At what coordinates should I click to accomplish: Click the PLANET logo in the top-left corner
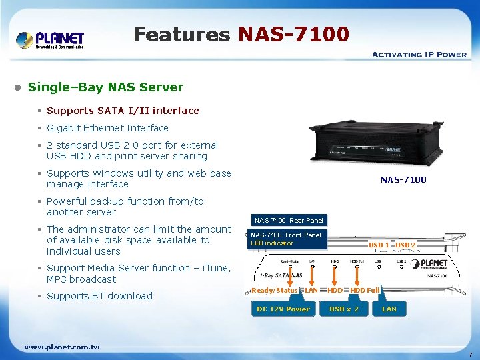(x=50, y=39)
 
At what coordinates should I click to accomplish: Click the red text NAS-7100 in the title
(x=293, y=34)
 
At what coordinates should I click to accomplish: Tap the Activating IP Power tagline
(x=419, y=55)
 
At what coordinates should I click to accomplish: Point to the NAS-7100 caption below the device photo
(x=403, y=179)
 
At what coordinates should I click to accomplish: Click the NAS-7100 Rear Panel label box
(x=289, y=220)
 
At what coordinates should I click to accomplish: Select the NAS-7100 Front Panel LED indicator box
(x=286, y=239)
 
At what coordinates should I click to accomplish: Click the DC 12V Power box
(x=283, y=309)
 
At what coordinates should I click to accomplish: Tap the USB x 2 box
(x=344, y=309)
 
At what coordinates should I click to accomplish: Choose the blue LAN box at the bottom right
(x=389, y=309)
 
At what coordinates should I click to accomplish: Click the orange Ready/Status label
(x=275, y=290)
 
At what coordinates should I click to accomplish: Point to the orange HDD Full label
(x=365, y=290)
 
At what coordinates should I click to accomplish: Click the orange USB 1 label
(x=379, y=245)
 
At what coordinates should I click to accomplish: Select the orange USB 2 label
(x=405, y=245)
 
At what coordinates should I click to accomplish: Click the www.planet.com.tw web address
(x=61, y=347)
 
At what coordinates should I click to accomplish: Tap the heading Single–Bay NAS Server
(x=105, y=87)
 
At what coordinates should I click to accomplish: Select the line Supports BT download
(x=99, y=296)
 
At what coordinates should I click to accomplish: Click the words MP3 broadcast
(x=81, y=279)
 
